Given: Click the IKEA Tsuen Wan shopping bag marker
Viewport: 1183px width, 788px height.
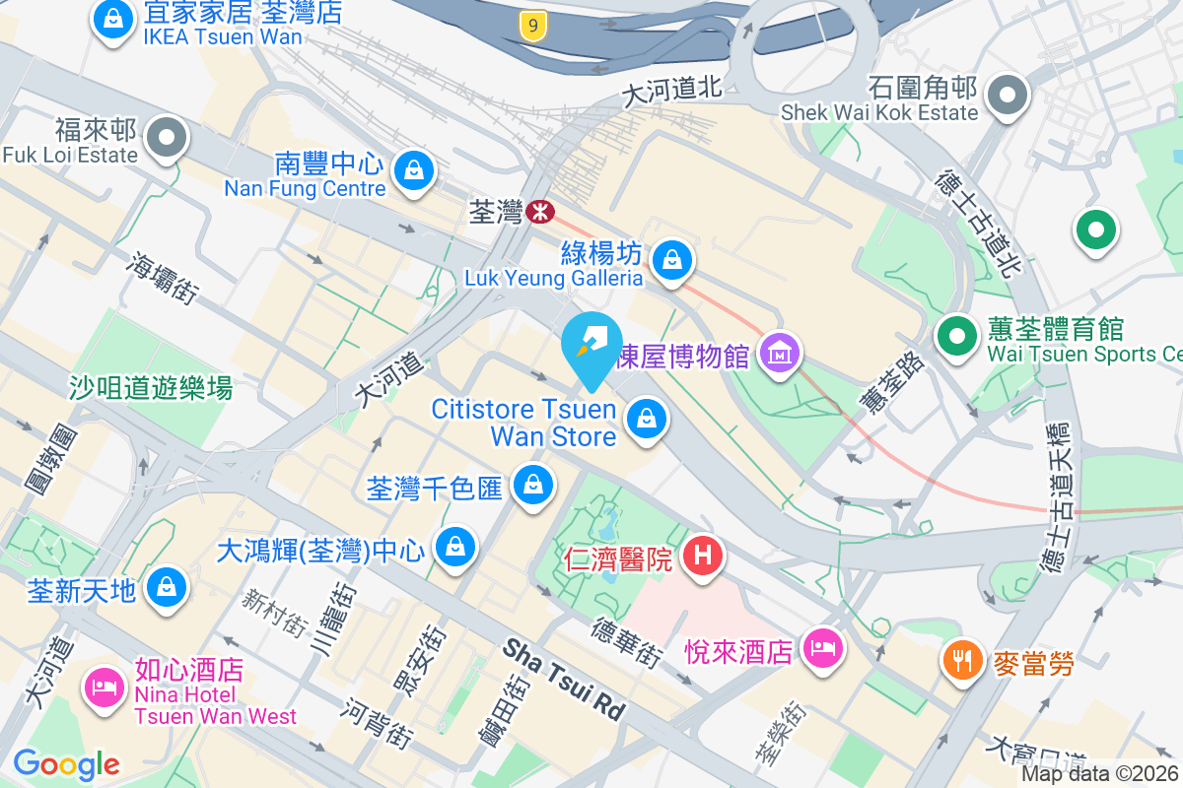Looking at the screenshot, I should pyautogui.click(x=114, y=20).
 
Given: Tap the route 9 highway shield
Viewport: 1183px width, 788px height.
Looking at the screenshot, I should pyautogui.click(x=532, y=27).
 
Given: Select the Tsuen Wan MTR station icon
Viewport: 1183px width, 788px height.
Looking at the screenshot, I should pyautogui.click(x=539, y=211).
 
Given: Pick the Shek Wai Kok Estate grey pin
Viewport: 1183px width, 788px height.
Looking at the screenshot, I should pyautogui.click(x=1008, y=96).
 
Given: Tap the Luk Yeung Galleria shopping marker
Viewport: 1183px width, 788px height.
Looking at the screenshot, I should pyautogui.click(x=671, y=261).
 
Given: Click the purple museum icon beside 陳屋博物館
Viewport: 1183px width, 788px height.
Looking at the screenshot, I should pyautogui.click(x=780, y=352).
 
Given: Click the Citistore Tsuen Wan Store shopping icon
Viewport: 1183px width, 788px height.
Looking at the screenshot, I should pyautogui.click(x=646, y=419).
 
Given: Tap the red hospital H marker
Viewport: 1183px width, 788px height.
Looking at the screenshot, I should pyautogui.click(x=702, y=557).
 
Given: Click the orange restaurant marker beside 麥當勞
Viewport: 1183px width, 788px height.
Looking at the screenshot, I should pyautogui.click(x=962, y=659).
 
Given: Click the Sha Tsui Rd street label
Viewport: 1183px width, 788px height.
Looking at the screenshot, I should pyautogui.click(x=565, y=679).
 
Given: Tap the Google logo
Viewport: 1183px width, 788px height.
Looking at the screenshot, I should pyautogui.click(x=66, y=764).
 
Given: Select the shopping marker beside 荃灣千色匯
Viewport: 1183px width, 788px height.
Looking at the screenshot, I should pyautogui.click(x=533, y=485).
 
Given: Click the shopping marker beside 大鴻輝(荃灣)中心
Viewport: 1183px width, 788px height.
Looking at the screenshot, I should pyautogui.click(x=455, y=546).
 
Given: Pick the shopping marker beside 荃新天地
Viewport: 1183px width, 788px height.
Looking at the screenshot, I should pyautogui.click(x=165, y=588).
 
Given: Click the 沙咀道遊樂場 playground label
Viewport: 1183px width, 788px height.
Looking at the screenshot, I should pyautogui.click(x=151, y=388).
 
